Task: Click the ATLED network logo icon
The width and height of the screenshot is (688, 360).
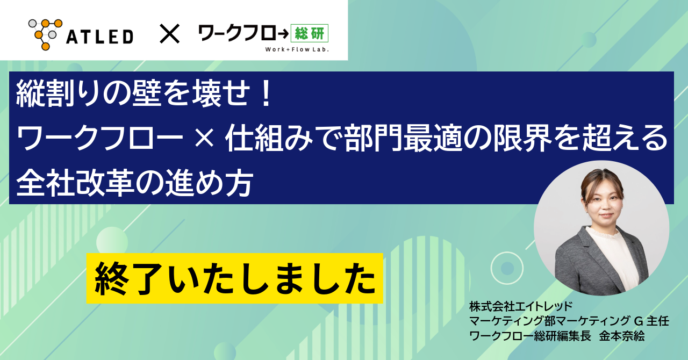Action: pyautogui.click(x=45, y=34)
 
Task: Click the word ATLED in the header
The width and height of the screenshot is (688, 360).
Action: pyautogui.click(x=100, y=37)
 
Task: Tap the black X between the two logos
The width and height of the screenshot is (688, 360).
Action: pyautogui.click(x=169, y=35)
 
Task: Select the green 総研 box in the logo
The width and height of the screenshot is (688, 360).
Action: pyautogui.click(x=310, y=34)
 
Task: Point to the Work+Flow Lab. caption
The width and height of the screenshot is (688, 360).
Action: pyautogui.click(x=297, y=50)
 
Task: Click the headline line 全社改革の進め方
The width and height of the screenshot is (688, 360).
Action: pyautogui.click(x=134, y=184)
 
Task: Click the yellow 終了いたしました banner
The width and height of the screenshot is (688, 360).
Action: pyautogui.click(x=234, y=278)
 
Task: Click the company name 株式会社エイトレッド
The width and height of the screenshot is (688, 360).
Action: pyautogui.click(x=514, y=307)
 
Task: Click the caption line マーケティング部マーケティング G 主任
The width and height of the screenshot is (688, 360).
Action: pyautogui.click(x=569, y=321)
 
